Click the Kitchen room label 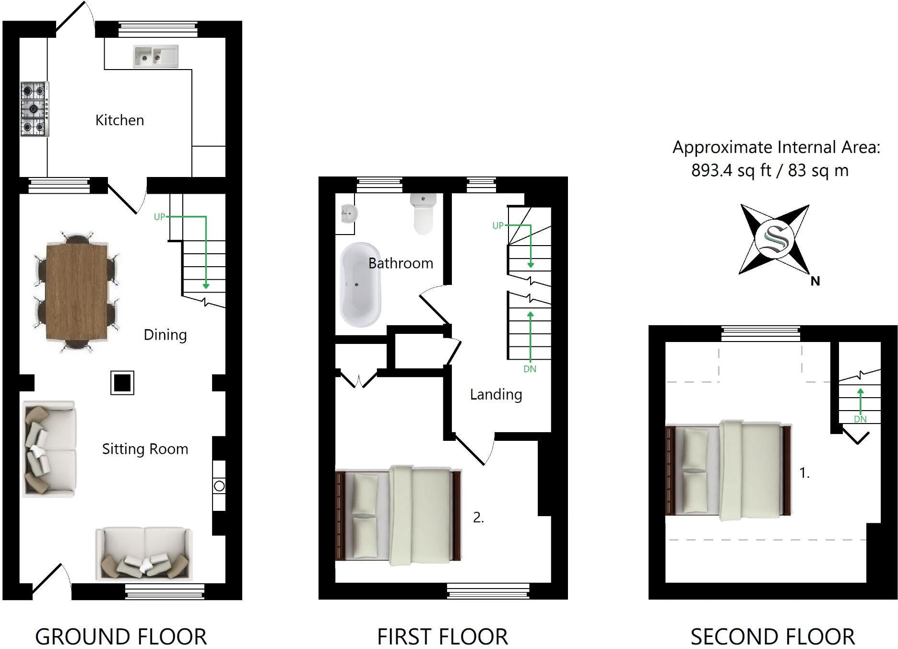click(x=119, y=120)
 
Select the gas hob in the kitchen click(x=35, y=109)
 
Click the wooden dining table click(x=77, y=292)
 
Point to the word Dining click(x=165, y=335)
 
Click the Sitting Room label click(x=145, y=449)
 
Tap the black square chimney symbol click(x=122, y=383)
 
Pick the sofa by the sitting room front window click(x=144, y=554)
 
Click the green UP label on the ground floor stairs click(x=159, y=217)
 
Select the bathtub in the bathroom click(x=360, y=284)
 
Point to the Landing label click(x=496, y=394)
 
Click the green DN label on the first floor click(x=530, y=369)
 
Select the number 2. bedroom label click(x=478, y=517)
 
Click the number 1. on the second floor click(x=804, y=473)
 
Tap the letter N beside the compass click(x=815, y=281)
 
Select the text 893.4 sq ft click(x=731, y=170)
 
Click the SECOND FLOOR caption click(x=772, y=637)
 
